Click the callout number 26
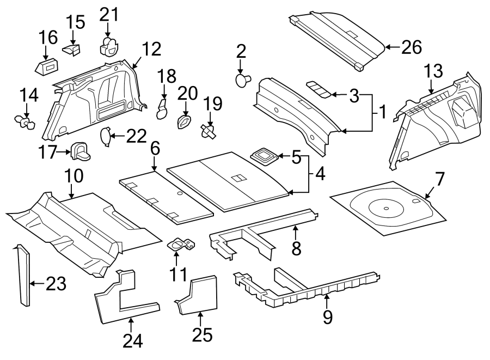coord(411,47)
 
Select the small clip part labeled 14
coord(24,123)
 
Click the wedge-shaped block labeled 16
coord(46,67)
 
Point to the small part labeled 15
coord(72,50)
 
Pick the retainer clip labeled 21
coord(109,47)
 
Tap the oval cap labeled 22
coord(105,136)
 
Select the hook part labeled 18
coord(162,109)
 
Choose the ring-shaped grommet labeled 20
coord(185,121)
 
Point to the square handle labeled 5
coord(265,155)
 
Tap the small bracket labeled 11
coord(181,245)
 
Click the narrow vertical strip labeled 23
coord(24,275)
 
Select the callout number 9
coord(327,317)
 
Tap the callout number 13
coord(433,71)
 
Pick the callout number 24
coord(132,341)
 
